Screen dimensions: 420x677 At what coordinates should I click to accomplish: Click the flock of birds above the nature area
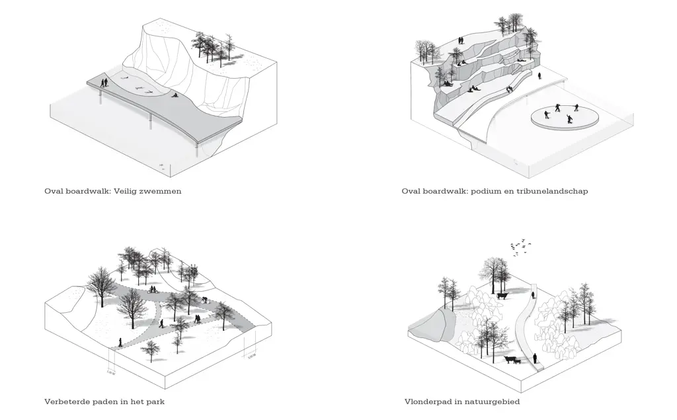[520, 246]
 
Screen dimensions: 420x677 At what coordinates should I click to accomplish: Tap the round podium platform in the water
[565, 117]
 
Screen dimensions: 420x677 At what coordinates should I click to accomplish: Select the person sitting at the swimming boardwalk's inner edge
[175, 95]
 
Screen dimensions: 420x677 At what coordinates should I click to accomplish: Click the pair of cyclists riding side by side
[152, 288]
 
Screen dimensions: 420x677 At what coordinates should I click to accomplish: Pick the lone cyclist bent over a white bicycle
[208, 300]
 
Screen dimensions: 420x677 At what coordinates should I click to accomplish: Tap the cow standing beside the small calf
[511, 360]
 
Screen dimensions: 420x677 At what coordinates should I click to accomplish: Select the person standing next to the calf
[534, 359]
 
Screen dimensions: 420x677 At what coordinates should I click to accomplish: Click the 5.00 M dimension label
[251, 357]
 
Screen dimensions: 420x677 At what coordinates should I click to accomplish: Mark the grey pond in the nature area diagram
[431, 325]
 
